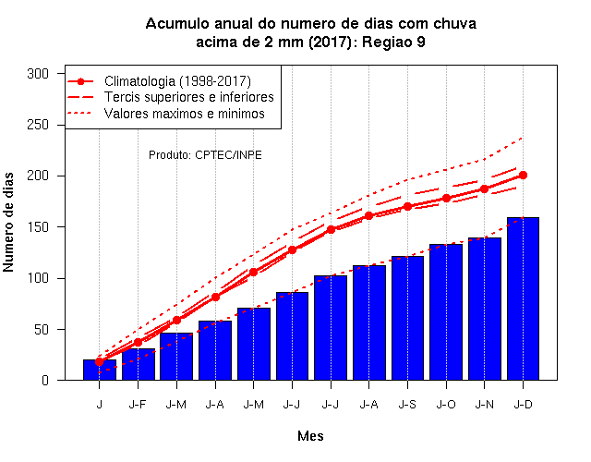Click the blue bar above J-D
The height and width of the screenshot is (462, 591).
pos(523,298)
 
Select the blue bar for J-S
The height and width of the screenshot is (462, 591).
pos(407,318)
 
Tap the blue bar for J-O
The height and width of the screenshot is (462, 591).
pos(446,312)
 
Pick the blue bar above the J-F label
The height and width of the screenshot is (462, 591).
pos(138,364)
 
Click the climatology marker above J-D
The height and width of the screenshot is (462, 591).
pos(523,175)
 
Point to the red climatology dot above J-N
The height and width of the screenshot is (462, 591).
pos(484,188)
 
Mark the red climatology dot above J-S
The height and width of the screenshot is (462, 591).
pos(407,207)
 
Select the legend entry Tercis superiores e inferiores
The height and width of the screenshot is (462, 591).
pos(170,97)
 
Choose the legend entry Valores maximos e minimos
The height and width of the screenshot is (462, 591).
pos(166,113)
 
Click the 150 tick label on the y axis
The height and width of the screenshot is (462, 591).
pos(38,227)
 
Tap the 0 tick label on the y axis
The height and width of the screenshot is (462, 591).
pos(45,381)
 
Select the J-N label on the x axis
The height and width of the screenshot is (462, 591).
pos(484,405)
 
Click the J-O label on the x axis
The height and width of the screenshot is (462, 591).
pos(446,405)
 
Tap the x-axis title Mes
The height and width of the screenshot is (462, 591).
pos(310,436)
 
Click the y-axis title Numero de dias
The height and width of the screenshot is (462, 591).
pos(8,222)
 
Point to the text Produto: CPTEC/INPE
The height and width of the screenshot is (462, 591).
pos(205,155)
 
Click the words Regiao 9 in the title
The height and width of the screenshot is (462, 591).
pos(393,43)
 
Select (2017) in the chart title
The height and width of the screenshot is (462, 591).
pos(331,42)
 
